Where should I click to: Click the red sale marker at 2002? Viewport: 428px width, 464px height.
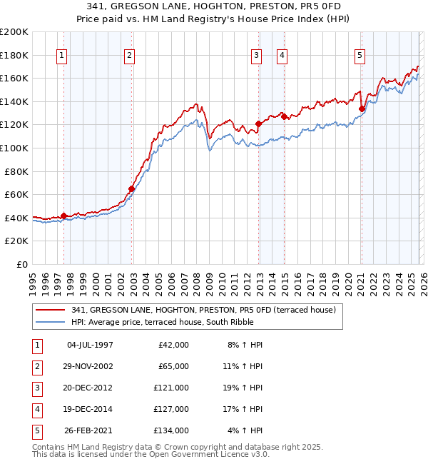[x=131, y=189]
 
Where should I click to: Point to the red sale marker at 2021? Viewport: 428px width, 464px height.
[x=362, y=109]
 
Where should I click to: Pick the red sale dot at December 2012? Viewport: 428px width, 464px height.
[x=258, y=123]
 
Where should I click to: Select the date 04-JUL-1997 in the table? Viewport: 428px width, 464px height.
[x=89, y=345]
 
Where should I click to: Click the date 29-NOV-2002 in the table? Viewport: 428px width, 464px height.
[x=89, y=366]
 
